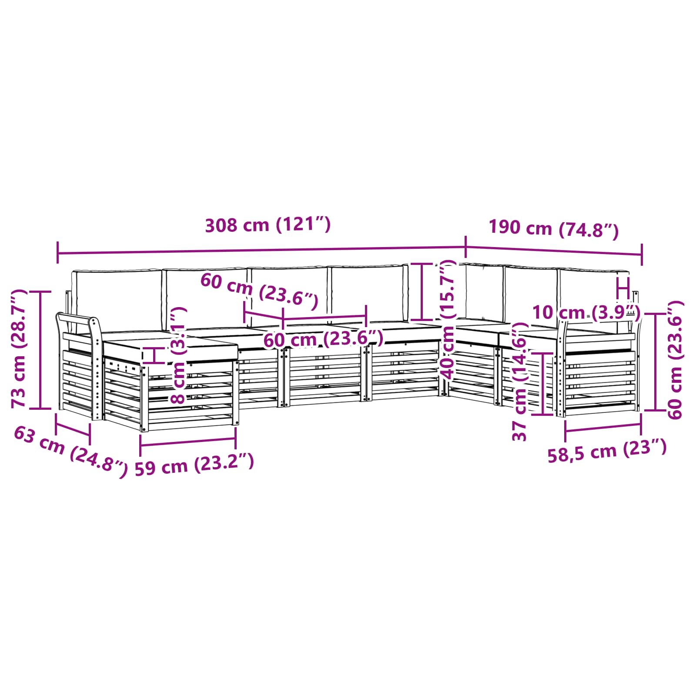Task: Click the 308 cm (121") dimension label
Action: click(268, 225)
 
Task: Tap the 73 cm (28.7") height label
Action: click(20, 348)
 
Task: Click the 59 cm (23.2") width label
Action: click(194, 465)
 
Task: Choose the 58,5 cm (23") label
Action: click(607, 451)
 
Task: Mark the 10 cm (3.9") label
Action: click(586, 312)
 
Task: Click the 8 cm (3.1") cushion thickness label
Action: click(179, 355)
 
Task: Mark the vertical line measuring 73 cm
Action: click(40, 350)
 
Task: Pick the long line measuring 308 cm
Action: click(261, 251)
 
